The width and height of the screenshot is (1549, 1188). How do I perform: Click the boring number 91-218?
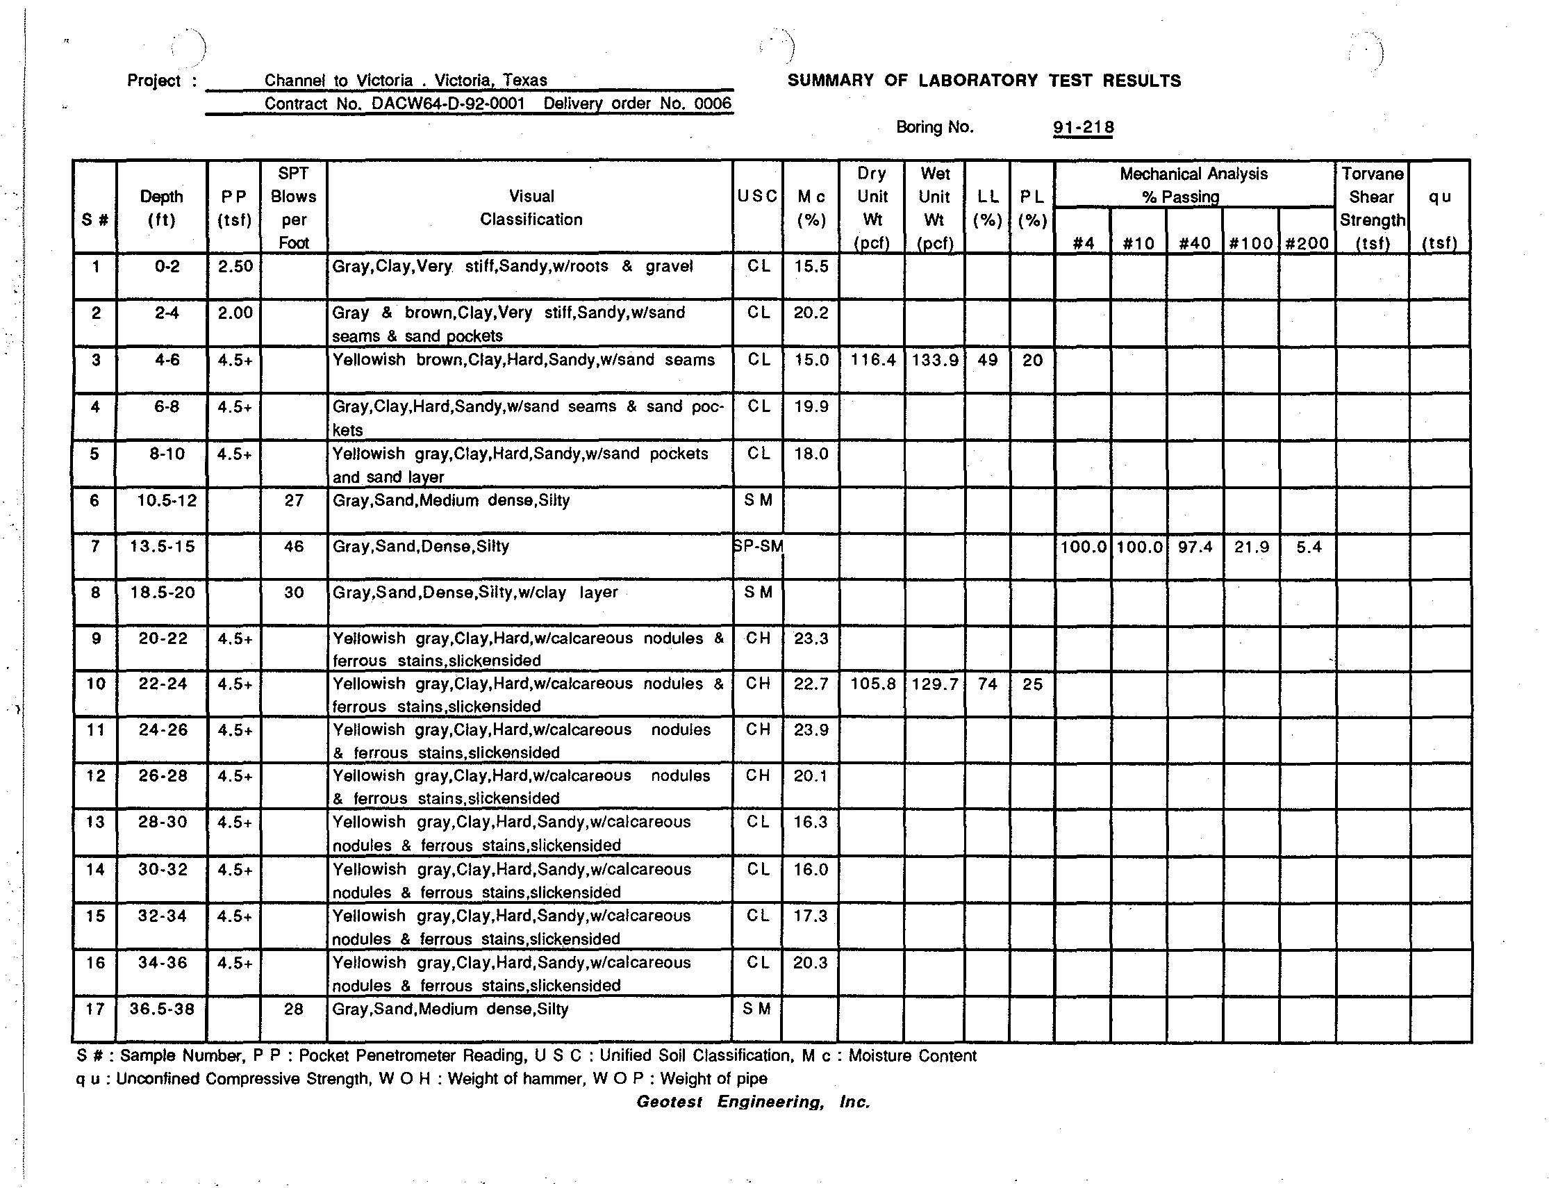pos(1082,127)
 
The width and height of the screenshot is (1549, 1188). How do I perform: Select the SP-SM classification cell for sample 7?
pos(758,546)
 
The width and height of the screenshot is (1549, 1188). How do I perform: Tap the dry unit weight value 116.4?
pos(872,360)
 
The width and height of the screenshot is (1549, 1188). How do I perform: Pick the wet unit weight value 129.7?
pos(935,684)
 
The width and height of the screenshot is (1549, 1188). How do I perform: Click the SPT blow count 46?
pos(293,546)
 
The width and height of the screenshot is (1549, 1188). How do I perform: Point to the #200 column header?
pos(1307,243)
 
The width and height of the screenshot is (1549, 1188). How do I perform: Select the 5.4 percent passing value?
pos(1308,547)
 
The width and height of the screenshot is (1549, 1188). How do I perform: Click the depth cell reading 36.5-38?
pos(162,1009)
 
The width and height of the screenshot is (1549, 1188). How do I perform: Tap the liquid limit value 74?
pos(987,684)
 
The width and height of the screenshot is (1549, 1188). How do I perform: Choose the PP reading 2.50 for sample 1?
pos(235,267)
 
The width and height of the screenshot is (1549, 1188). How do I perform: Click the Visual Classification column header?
pos(531,207)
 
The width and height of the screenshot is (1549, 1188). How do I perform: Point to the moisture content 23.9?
pos(810,729)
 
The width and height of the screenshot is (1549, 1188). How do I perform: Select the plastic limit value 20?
pos(1032,360)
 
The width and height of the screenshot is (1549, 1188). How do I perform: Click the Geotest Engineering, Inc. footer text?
pos(753,1102)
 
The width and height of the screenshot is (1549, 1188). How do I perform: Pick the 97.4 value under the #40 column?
pos(1195,547)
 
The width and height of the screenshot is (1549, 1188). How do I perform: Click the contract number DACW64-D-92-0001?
pos(448,104)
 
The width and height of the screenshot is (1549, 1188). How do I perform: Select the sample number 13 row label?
pos(95,822)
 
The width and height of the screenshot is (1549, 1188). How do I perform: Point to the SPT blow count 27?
pos(293,500)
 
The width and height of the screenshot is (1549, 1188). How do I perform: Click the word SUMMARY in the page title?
pos(830,81)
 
